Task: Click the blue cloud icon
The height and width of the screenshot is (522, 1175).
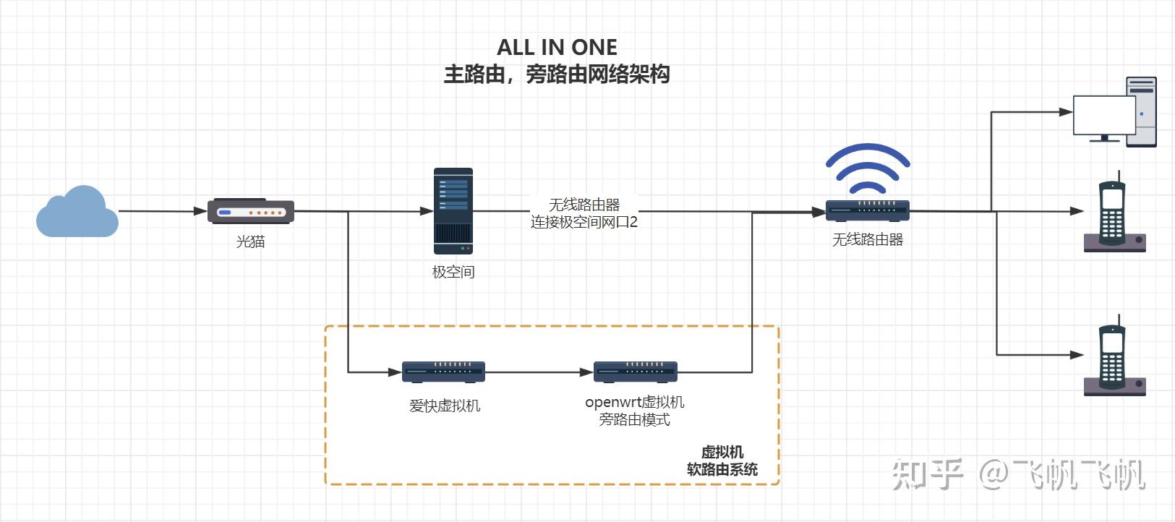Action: tap(77, 213)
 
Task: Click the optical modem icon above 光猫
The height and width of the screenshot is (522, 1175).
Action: tap(251, 211)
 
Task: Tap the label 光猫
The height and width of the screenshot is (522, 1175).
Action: tap(250, 241)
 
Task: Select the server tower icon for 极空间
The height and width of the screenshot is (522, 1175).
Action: tap(453, 211)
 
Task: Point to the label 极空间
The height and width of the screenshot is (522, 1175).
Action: tap(453, 272)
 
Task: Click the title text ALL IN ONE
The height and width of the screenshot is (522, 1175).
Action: tap(557, 48)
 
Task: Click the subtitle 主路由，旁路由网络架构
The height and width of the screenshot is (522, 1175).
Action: tap(557, 74)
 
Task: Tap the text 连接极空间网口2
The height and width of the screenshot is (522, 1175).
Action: tap(584, 222)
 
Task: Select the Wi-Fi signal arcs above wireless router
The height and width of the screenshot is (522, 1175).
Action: tap(867, 166)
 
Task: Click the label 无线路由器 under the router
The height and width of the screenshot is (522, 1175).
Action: tap(867, 239)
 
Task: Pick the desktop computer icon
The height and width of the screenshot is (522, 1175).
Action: tap(1114, 113)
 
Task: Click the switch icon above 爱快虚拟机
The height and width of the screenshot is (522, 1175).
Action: tap(443, 372)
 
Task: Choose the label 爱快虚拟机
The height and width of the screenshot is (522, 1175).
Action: tap(444, 406)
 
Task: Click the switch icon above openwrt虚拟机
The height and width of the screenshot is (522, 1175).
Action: tap(635, 372)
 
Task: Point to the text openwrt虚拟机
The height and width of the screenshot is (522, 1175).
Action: tap(634, 402)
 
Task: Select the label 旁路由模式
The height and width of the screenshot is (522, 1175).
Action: tap(634, 419)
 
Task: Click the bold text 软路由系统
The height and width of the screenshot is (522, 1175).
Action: tap(722, 469)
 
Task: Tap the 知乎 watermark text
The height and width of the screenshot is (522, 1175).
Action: tap(928, 475)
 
